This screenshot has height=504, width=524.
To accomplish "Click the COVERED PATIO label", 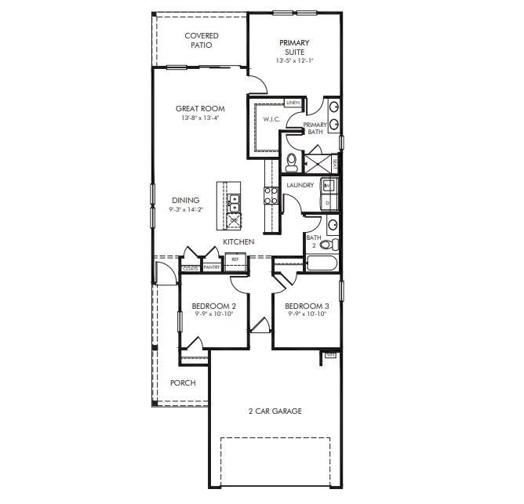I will click(202, 40).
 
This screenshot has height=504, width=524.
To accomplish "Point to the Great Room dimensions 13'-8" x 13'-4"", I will click(199, 118).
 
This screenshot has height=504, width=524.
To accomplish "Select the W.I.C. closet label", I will click(271, 119).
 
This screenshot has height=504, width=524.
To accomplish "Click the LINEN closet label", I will click(293, 103).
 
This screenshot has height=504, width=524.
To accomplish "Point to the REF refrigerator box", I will click(234, 258).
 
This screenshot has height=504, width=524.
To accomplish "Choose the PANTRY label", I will click(212, 267).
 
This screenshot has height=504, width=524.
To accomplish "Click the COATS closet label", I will click(190, 267).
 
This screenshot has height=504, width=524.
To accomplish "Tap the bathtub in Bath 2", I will click(322, 262).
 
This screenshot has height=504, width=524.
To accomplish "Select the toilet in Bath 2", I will click(327, 245).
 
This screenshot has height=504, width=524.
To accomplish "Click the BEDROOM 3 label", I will click(305, 306).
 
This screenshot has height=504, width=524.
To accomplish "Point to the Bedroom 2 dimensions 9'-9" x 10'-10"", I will click(214, 314).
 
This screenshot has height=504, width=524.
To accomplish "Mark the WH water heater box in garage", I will click(331, 355).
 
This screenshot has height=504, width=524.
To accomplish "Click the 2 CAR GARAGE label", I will click(275, 411).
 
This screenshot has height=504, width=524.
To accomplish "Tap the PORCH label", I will click(183, 383).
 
